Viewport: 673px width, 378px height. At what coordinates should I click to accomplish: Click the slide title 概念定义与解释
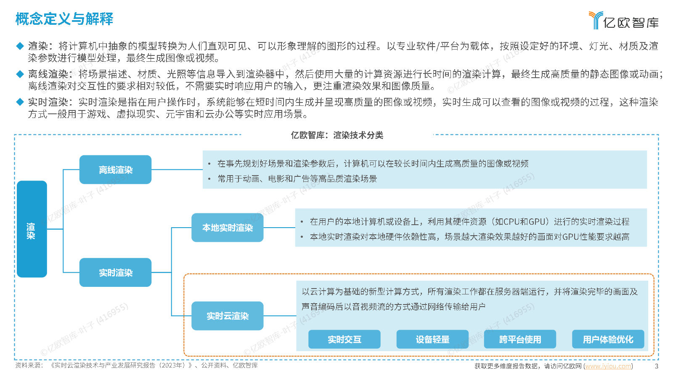(x=64, y=19)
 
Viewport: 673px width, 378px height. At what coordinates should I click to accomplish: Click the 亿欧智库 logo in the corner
(x=623, y=21)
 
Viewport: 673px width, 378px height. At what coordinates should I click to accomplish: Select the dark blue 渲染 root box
(x=32, y=229)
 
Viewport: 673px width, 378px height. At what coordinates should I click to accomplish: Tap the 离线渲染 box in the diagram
(x=115, y=170)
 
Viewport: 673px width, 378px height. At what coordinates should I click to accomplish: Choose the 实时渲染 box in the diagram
(x=115, y=273)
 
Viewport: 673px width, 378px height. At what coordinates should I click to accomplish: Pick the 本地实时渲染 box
(x=227, y=228)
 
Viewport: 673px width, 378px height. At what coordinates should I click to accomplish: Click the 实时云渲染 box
(x=227, y=316)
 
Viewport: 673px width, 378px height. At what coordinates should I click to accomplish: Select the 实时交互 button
(x=344, y=339)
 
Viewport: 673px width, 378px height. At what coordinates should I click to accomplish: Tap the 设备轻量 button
(x=432, y=339)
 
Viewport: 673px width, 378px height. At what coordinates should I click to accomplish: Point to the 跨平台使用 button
(x=520, y=339)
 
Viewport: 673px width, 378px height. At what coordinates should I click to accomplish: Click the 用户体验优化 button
(x=608, y=339)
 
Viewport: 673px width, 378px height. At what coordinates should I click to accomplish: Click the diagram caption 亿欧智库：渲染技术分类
(x=337, y=135)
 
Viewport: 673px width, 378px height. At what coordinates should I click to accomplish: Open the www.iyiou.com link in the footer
(x=608, y=366)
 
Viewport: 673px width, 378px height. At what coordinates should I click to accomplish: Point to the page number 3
(x=657, y=366)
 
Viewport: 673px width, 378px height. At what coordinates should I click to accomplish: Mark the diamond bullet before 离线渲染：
(x=20, y=74)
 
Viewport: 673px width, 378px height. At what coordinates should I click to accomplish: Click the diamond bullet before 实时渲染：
(x=20, y=102)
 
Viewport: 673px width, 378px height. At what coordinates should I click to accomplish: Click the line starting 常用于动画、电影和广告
(x=297, y=179)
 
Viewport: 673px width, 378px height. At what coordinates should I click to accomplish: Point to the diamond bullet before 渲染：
(x=20, y=46)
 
